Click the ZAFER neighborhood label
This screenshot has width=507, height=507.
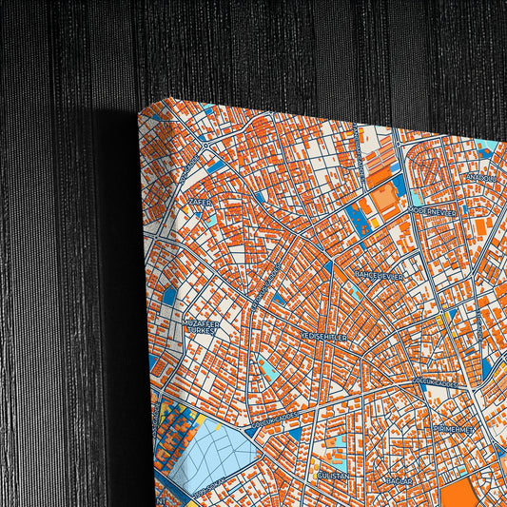[x=199, y=203]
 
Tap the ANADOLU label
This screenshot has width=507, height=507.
[x=478, y=177]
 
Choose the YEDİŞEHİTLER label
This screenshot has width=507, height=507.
[x=325, y=336]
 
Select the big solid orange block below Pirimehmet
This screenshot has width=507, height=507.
[x=460, y=493]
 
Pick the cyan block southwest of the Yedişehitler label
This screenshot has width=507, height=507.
[x=270, y=369]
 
